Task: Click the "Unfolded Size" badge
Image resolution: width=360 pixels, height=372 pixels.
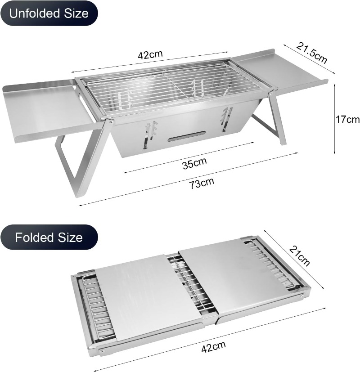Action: click(x=49, y=13)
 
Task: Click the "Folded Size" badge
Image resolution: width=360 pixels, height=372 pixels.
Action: click(x=49, y=237)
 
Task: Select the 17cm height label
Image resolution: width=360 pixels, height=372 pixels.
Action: click(x=347, y=119)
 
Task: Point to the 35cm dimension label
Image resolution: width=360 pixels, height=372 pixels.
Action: click(x=194, y=163)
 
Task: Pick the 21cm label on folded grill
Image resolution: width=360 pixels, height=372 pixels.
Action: click(x=300, y=256)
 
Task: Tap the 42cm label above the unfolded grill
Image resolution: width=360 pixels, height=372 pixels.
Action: click(x=150, y=54)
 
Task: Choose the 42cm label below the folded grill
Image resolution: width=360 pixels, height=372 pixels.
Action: click(x=213, y=347)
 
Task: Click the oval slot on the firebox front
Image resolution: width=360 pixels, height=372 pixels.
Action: click(x=187, y=136)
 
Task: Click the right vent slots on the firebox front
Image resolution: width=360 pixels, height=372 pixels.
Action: click(x=227, y=119)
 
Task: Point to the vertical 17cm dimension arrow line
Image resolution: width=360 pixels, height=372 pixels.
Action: click(x=335, y=119)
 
